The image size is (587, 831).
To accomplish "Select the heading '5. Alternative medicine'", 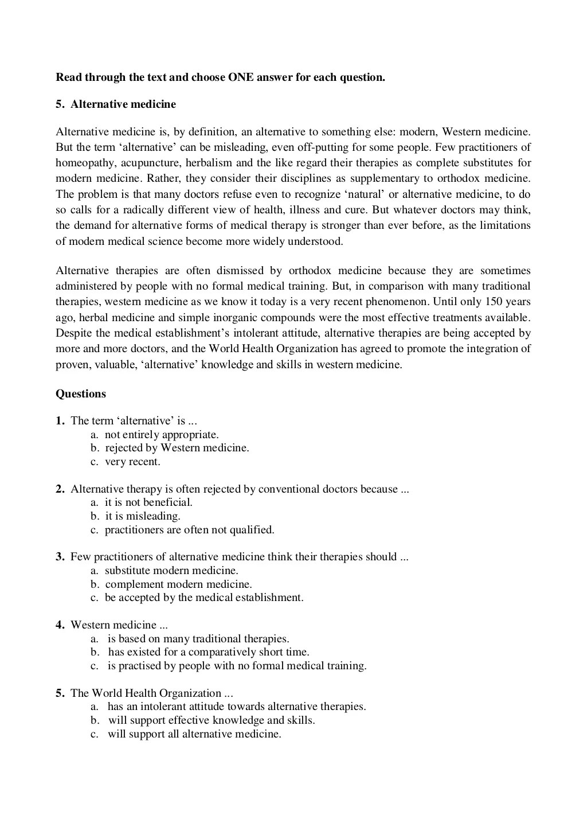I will [116, 104].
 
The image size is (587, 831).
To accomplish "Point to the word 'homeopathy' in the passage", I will [85, 163].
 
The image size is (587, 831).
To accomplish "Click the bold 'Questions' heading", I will [81, 394].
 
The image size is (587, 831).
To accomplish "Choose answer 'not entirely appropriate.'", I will [162, 435].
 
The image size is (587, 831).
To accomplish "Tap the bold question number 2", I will [60, 489].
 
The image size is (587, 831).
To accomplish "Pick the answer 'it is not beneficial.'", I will [148, 502].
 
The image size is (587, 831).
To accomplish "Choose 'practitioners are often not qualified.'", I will [190, 530].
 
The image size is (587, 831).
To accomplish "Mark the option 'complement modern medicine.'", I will [178, 584].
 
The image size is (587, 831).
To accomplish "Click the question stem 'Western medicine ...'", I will [119, 625].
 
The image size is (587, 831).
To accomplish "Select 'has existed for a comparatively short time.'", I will [209, 652].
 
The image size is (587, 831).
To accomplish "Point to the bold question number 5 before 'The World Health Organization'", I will [60, 693].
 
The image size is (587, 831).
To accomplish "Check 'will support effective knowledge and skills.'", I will [212, 720].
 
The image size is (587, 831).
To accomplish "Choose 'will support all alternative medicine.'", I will [194, 734].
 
